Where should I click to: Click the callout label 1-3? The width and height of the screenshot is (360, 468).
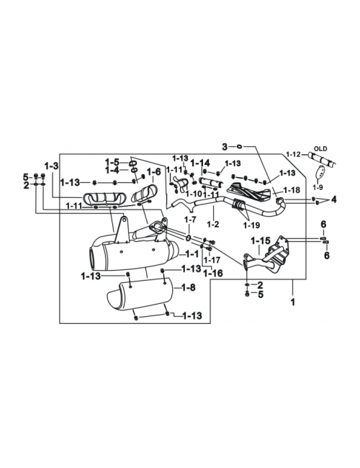point(52,166)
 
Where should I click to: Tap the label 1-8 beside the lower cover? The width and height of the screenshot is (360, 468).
point(189,287)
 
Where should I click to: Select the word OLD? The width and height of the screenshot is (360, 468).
point(320,148)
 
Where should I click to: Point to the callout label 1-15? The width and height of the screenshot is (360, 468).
point(261,241)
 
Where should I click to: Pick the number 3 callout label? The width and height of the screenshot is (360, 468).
point(225,147)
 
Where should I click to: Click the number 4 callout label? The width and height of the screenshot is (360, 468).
point(333,199)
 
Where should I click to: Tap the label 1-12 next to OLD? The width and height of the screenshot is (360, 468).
point(293,154)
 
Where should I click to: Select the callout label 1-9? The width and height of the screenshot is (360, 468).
point(318,188)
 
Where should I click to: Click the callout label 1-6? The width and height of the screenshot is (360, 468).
point(153,172)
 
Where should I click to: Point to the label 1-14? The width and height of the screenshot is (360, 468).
point(200,163)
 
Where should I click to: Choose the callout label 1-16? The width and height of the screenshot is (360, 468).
point(213,273)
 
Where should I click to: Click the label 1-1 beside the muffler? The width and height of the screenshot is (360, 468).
point(192,254)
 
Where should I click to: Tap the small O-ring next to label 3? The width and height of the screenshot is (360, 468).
point(239,146)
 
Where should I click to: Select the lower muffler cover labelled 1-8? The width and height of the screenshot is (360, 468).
point(140,296)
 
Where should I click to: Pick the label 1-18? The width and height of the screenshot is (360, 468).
point(292,190)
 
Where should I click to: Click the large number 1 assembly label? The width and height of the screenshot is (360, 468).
point(293,302)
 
